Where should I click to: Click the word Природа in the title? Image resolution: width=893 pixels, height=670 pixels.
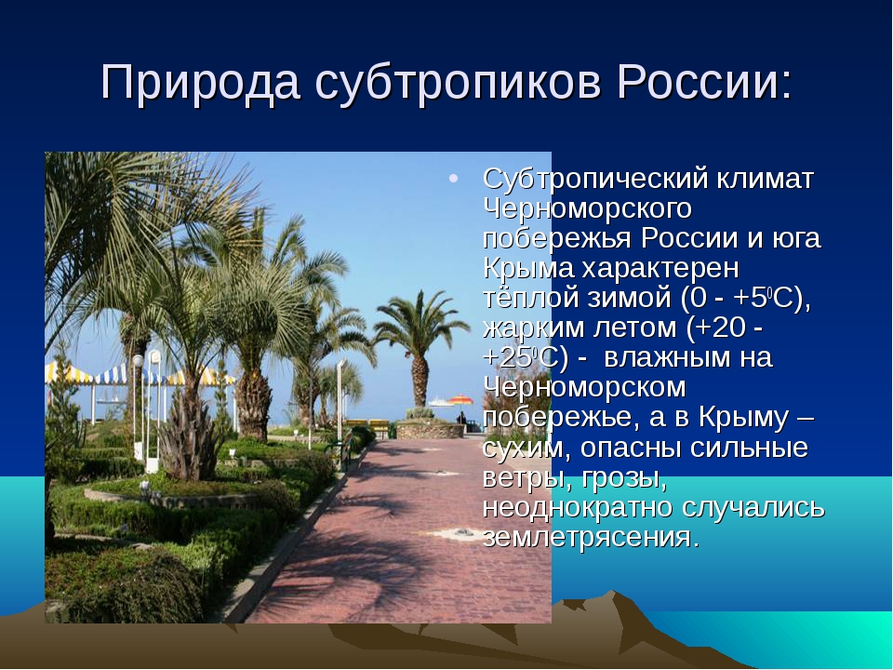pyautogui.click(x=200, y=83)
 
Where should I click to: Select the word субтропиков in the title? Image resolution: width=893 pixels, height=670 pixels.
pyautogui.click(x=458, y=83)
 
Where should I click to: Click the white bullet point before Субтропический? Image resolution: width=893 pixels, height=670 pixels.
pyautogui.click(x=453, y=179)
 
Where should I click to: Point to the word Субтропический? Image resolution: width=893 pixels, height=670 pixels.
pyautogui.click(x=595, y=180)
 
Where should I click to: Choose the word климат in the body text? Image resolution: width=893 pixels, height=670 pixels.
pyautogui.click(x=765, y=179)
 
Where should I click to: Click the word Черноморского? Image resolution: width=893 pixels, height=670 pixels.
pyautogui.click(x=587, y=209)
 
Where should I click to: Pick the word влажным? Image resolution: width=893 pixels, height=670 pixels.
pyautogui.click(x=667, y=357)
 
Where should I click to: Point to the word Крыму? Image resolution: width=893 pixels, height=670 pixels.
pyautogui.click(x=743, y=418)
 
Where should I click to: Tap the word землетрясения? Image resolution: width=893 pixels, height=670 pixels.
pyautogui.click(x=590, y=537)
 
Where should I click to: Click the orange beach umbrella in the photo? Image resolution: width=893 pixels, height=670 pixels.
pyautogui.click(x=460, y=399)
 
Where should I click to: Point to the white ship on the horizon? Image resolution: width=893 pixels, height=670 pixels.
pyautogui.click(x=438, y=402)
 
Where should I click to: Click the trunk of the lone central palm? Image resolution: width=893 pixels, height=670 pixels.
pyautogui.click(x=420, y=381)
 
